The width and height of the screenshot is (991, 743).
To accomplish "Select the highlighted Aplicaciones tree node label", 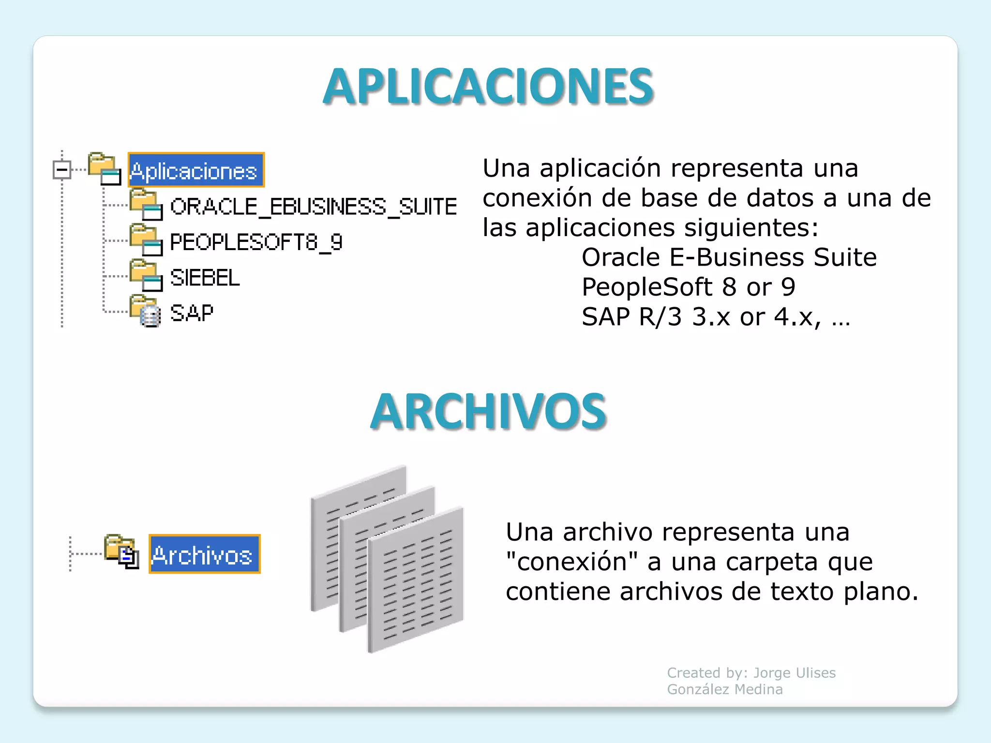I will coord(195,171).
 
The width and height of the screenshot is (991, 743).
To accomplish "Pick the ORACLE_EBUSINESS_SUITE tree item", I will coord(313,207).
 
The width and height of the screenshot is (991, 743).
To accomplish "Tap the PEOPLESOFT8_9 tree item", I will coord(256,242).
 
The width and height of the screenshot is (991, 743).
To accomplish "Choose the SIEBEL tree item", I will coord(205,278).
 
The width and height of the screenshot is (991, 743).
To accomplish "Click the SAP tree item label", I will coord(192,313).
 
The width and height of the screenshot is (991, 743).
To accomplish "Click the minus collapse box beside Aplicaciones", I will coord(62,169).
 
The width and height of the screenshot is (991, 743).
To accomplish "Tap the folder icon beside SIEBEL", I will coord(145,275).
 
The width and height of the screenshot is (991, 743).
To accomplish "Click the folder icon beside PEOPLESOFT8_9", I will coord(145,240).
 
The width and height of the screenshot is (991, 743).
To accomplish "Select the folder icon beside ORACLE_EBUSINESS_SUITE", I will coord(145,205).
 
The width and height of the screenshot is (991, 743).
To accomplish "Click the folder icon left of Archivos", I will coord(121,551).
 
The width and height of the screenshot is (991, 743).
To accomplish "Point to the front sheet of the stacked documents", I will coord(416,580).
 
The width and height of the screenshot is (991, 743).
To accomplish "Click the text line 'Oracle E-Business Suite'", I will coord(729,257).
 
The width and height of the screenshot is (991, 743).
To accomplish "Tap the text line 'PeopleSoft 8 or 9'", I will coord(688,287).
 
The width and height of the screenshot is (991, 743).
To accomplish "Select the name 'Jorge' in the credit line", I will coord(771,673).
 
